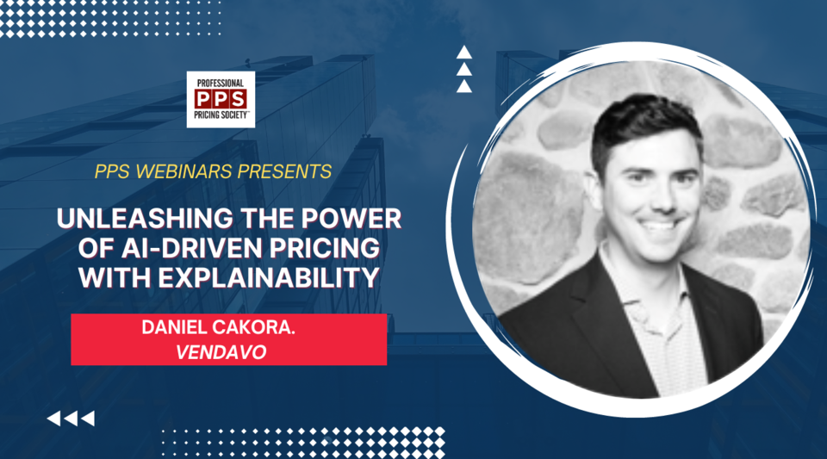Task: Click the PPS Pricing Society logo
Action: pyautogui.click(x=221, y=100)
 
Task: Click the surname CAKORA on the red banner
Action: pyautogui.click(x=265, y=328)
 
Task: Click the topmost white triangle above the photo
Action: pyautogui.click(x=464, y=52)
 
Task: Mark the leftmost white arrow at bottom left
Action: pyautogui.click(x=53, y=419)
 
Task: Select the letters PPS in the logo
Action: pyautogui.click(x=221, y=99)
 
